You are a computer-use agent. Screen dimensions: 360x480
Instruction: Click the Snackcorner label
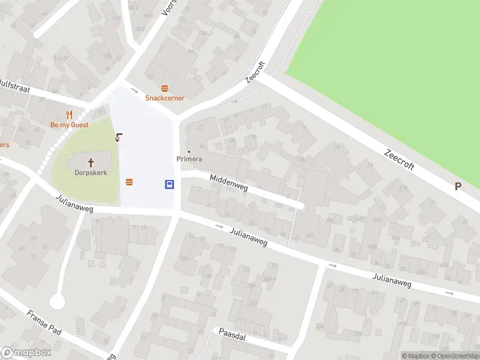click(x=164, y=98)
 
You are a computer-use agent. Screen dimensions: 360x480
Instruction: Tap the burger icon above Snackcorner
click(x=164, y=88)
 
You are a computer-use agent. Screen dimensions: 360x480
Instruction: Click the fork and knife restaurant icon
click(x=69, y=115)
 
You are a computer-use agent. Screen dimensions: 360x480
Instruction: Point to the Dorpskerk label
click(x=91, y=172)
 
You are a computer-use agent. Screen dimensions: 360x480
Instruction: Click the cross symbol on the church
click(x=91, y=162)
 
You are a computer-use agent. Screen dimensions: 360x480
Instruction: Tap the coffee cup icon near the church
click(x=119, y=136)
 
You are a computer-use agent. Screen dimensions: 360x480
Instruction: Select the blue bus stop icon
click(x=170, y=184)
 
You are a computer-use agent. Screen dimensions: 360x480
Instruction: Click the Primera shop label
click(x=189, y=159)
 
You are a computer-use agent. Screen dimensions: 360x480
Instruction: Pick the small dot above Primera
click(x=189, y=151)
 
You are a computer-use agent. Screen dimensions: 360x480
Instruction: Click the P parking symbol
click(x=458, y=186)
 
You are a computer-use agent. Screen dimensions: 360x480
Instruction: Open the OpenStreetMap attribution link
click(x=454, y=356)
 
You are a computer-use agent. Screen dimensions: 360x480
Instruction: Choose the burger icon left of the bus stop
click(x=129, y=182)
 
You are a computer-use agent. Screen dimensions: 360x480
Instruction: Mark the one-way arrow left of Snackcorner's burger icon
click(x=134, y=90)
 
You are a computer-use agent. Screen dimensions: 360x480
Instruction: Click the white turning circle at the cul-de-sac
click(x=57, y=301)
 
